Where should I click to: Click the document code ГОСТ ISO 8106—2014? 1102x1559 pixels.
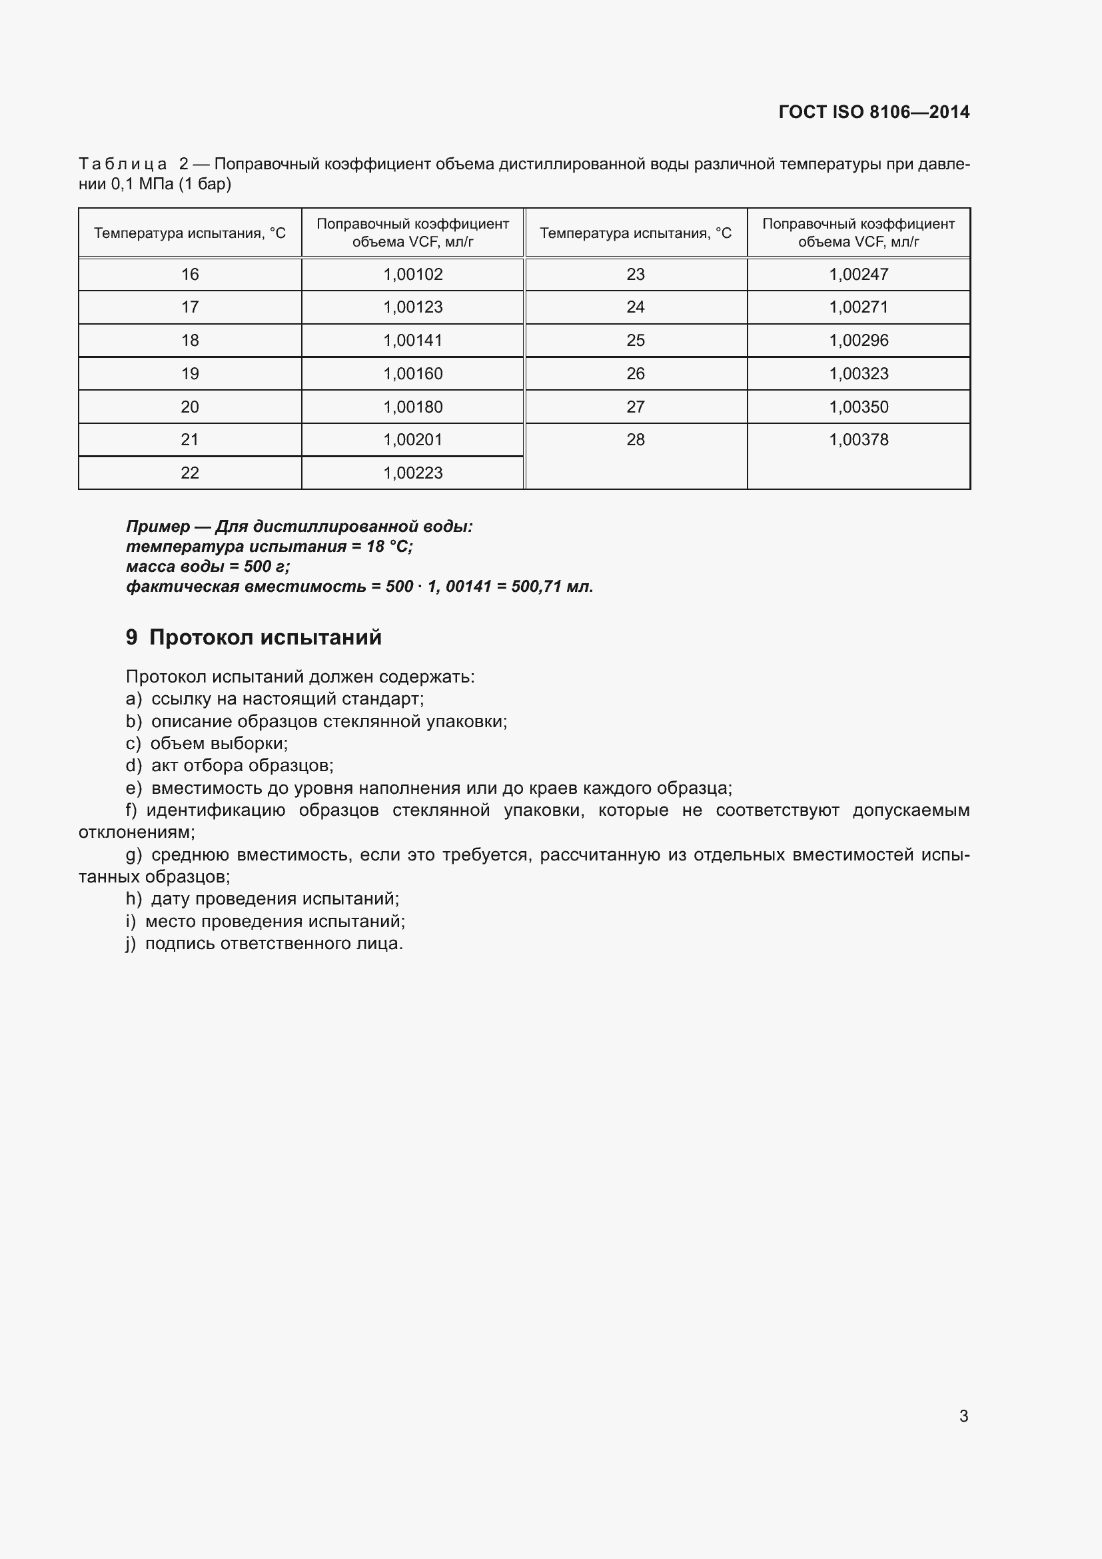pos(873,112)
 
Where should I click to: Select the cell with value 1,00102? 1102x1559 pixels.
pos(412,275)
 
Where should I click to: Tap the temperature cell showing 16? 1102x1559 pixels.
pos(190,275)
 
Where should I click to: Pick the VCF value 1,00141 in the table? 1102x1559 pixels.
pos(412,340)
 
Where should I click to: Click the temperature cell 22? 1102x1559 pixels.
pos(190,473)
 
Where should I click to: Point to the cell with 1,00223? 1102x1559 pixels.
pos(412,473)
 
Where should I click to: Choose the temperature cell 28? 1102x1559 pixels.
pos(635,440)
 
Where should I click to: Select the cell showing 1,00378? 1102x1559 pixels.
pos(858,440)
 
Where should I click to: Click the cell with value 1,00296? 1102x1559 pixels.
pos(858,340)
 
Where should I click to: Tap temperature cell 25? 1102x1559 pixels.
pos(635,340)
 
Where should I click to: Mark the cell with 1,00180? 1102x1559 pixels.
pos(412,407)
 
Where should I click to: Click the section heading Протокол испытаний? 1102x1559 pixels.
pos(265,637)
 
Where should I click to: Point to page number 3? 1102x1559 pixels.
pos(963,1416)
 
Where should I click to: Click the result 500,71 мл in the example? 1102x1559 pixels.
pos(552,586)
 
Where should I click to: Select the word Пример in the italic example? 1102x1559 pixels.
pos(158,527)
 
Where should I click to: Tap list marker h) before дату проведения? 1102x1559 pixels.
pos(134,898)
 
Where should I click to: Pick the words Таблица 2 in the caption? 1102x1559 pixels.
pos(134,164)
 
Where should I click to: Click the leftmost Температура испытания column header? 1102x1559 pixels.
pos(190,233)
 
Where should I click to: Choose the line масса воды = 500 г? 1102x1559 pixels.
pos(208,567)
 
